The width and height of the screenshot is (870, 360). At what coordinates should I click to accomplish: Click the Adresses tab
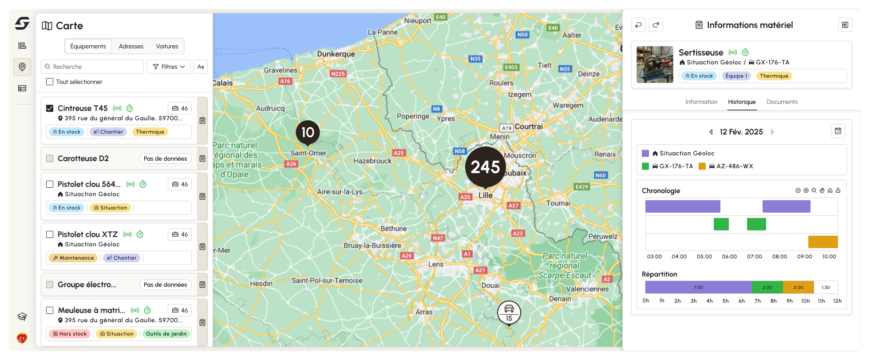[131, 46]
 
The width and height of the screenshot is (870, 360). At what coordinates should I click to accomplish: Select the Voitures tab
[167, 46]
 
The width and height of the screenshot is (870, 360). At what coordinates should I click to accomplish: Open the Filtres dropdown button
[169, 67]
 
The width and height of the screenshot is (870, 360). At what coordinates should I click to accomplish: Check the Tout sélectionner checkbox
[50, 82]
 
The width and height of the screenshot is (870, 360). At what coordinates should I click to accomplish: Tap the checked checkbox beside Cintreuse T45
[50, 108]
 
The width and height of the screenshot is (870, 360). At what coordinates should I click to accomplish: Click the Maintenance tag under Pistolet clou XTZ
[73, 258]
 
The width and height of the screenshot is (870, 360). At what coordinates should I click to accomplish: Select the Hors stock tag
[70, 334]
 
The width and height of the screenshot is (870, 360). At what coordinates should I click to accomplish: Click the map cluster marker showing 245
[485, 167]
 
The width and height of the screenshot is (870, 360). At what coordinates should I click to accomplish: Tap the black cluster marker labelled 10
[308, 132]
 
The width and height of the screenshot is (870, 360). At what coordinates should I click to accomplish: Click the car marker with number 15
[509, 312]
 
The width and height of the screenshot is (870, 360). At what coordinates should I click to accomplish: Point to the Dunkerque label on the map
[336, 54]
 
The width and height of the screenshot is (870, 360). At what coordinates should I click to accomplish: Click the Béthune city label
[393, 229]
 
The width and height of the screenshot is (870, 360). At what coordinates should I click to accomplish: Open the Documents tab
[782, 102]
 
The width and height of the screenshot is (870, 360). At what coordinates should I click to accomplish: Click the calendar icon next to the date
[838, 131]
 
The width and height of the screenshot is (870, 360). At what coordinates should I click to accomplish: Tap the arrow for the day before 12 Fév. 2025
[711, 132]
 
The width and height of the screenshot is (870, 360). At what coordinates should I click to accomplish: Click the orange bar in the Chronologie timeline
[823, 242]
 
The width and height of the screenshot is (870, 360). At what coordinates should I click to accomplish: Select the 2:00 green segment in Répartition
[767, 287]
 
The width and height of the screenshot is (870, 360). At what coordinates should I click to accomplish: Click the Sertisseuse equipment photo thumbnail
[655, 64]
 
